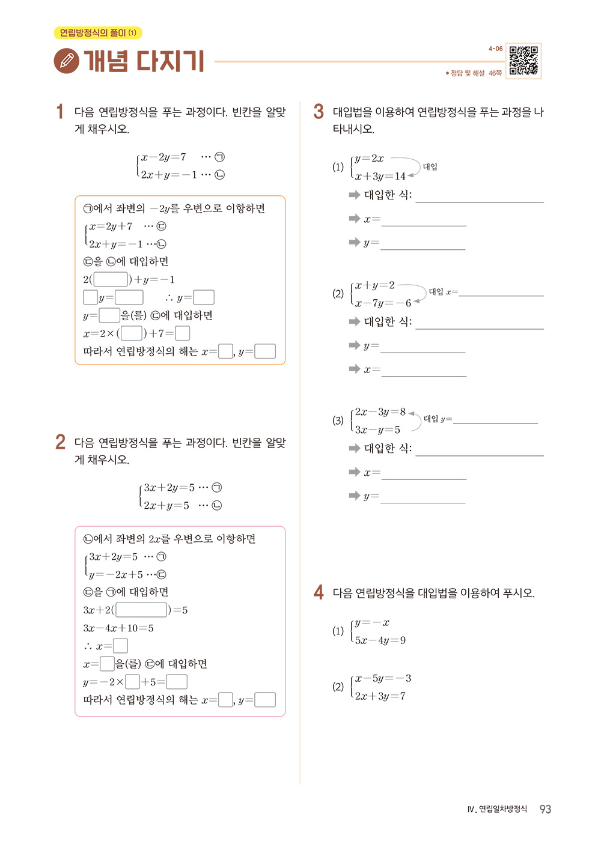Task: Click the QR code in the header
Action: tap(523, 61)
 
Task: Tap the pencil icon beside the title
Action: tap(66, 61)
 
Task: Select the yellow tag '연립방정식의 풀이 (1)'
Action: tap(98, 33)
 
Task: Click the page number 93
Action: tap(545, 809)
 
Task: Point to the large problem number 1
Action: tap(59, 112)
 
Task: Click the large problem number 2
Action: tap(60, 442)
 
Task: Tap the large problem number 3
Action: tap(319, 112)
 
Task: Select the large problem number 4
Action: tap(319, 592)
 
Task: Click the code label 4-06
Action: tap(495, 49)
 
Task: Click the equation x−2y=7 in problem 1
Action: tap(163, 157)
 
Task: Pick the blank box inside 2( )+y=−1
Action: tap(111, 279)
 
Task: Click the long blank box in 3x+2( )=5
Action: tap(141, 610)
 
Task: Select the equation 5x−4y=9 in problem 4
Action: tap(380, 640)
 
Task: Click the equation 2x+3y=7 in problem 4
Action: tap(380, 696)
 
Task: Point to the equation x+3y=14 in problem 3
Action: tap(380, 177)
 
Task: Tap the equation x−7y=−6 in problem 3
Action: tap(383, 303)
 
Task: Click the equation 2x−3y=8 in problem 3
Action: tap(380, 412)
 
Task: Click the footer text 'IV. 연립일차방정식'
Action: tap(497, 809)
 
